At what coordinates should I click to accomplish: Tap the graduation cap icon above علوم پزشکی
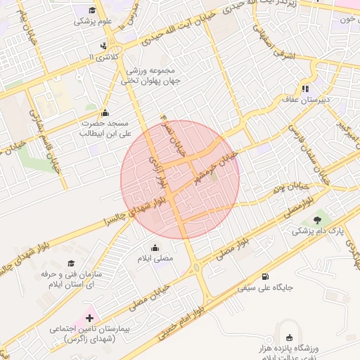93,10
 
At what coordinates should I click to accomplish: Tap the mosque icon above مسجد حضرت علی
105,112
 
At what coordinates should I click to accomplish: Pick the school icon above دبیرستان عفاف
305,89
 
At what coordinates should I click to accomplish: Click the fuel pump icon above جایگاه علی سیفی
265,276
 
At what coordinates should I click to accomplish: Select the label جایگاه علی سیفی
265,287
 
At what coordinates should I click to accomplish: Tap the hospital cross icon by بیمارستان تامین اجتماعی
89,318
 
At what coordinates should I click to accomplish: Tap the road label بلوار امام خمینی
220,295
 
